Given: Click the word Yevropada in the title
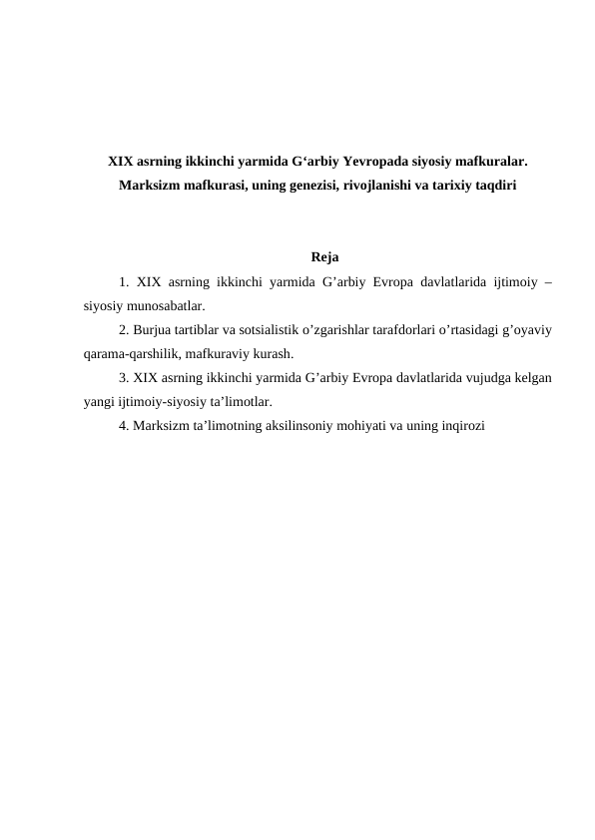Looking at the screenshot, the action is coord(376,161).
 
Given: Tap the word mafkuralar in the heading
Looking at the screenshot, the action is coord(491,161).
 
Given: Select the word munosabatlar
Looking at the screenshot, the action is coord(172,306).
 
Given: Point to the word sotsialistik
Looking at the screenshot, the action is coord(262,330).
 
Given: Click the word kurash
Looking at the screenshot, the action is coord(273,354).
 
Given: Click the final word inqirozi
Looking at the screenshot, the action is coord(461,426).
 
